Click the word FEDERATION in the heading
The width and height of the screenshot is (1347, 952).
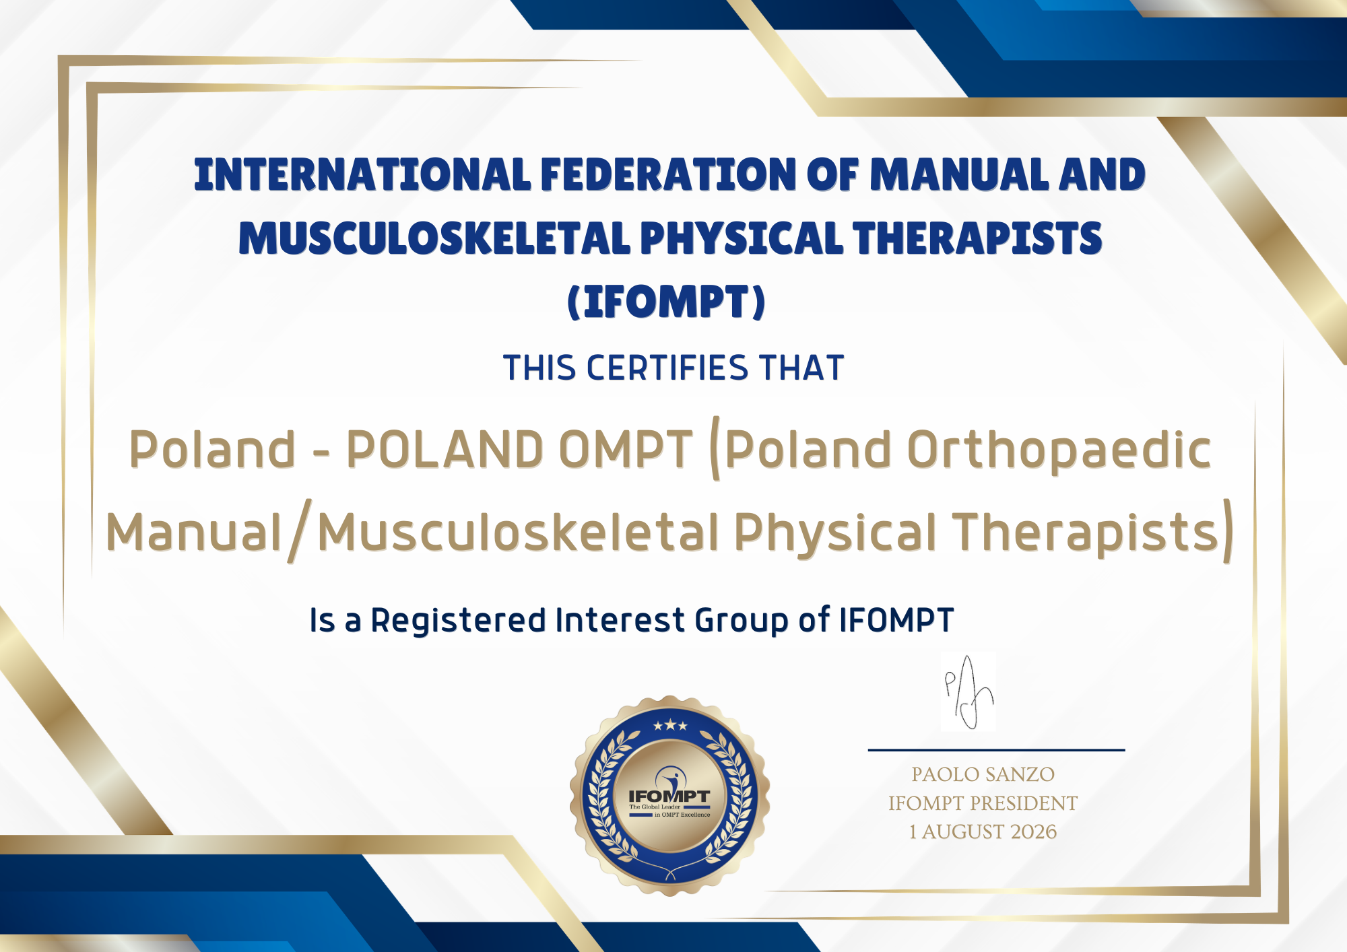click(668, 175)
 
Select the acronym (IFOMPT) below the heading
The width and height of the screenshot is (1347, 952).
click(667, 301)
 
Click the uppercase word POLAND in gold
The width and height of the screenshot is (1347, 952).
click(445, 449)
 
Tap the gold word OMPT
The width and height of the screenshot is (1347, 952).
click(626, 449)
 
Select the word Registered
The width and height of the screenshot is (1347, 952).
click(458, 621)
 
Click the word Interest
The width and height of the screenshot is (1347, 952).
click(620, 620)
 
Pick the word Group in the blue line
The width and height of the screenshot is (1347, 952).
click(742, 621)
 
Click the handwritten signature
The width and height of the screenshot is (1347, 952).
click(968, 692)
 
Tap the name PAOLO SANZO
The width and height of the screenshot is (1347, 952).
click(983, 774)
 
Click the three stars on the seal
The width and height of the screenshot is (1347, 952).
click(670, 726)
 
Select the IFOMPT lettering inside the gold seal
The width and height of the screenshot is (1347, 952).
click(669, 796)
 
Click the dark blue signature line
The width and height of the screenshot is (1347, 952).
click(996, 749)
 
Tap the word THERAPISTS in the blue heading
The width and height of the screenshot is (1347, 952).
click(977, 238)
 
